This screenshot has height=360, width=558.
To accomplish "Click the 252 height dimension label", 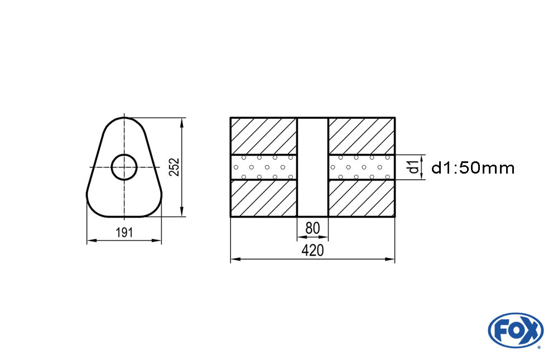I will click(x=174, y=167).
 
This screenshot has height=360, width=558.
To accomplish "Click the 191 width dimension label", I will click(x=124, y=233).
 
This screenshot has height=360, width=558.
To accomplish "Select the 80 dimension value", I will click(x=312, y=228).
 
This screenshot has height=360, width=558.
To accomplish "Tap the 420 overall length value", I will click(x=312, y=251).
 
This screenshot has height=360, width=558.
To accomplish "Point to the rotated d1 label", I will click(x=413, y=167).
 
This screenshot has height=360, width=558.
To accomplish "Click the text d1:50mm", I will click(x=473, y=168).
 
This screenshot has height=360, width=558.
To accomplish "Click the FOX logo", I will click(x=515, y=330).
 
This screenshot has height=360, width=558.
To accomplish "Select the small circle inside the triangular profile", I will click(x=124, y=167).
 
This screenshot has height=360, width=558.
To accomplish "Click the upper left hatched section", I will click(x=263, y=136).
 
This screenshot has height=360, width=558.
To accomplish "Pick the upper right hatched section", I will click(x=362, y=136).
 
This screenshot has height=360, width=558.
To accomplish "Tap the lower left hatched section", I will click(x=263, y=198).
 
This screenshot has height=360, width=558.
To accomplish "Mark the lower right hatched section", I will click(x=362, y=198).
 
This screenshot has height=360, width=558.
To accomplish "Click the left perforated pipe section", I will click(x=263, y=167).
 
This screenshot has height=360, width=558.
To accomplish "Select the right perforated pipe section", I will click(x=362, y=167).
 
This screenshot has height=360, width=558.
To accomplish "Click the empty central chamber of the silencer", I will click(x=312, y=167).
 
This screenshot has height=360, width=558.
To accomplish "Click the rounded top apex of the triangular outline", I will click(x=124, y=118).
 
